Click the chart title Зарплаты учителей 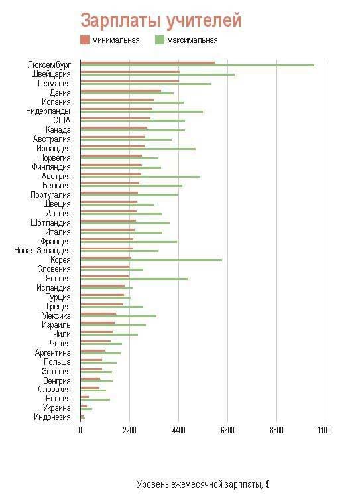click(x=160, y=21)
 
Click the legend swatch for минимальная click(x=84, y=40)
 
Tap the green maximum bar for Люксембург click(x=197, y=65)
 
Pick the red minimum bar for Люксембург click(x=147, y=62)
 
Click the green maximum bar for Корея click(x=151, y=260)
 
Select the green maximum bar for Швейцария click(x=157, y=74)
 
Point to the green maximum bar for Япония click(x=134, y=279)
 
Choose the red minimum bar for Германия click(x=129, y=81)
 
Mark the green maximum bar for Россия click(x=95, y=399)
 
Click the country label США click(x=62, y=120)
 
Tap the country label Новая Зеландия click(x=42, y=250)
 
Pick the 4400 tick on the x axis click(x=178, y=431)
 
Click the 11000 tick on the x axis click(x=325, y=431)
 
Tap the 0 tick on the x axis click(x=80, y=431)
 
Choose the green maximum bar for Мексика click(x=118, y=316)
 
